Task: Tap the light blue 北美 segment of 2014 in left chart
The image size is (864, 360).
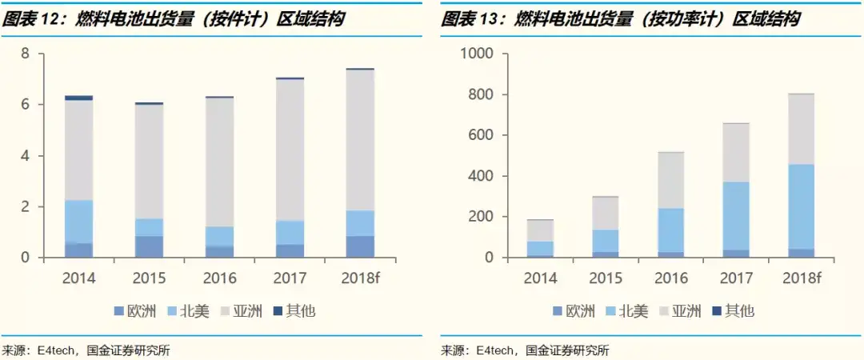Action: click(x=78, y=221)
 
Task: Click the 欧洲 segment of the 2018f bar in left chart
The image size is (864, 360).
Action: click(x=360, y=246)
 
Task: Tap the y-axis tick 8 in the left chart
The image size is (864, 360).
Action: click(x=25, y=54)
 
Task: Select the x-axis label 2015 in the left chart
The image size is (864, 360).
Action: click(x=149, y=278)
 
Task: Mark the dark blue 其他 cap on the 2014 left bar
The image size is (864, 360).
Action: click(x=78, y=98)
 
